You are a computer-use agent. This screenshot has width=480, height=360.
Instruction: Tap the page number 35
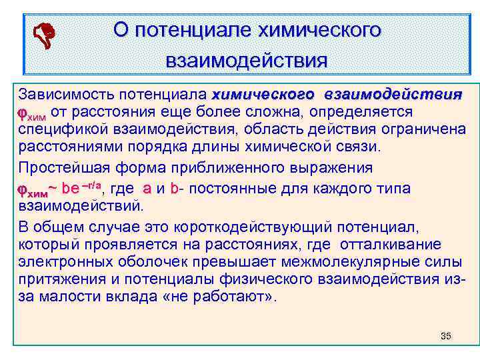(x=446, y=335)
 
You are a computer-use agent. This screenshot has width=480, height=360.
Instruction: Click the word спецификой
(x=61, y=127)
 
